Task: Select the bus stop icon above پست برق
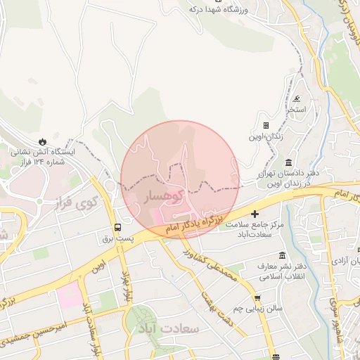[117, 227]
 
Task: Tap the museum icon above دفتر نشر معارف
[282, 255]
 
